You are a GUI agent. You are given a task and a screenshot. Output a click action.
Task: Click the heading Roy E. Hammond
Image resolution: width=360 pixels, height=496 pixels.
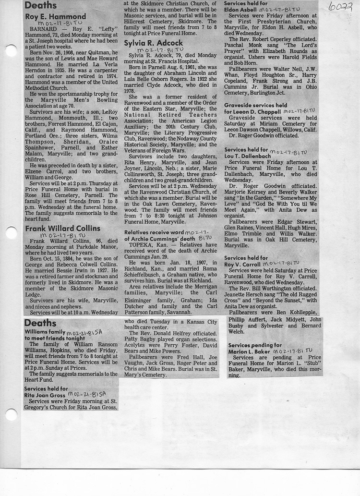point(52,16)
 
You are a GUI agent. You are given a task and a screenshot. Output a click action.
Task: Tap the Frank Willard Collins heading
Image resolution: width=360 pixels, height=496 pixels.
point(62,228)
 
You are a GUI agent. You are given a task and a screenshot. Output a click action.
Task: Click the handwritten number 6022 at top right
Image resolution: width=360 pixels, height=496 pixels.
point(341,7)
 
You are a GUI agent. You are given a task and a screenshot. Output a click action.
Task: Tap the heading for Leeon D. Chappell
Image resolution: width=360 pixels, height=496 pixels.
point(254,111)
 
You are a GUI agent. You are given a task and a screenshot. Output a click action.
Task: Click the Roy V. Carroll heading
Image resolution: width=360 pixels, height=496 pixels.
point(246,261)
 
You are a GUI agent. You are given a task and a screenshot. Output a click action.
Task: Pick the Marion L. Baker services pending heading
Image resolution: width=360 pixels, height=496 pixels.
point(255,348)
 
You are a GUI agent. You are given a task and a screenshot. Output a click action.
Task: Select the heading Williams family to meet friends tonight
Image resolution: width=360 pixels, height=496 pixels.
point(51,335)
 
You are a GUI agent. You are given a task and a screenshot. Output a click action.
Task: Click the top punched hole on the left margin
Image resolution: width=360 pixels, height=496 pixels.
point(11,50)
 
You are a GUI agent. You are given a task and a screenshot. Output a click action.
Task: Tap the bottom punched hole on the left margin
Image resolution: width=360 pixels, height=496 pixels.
point(11,414)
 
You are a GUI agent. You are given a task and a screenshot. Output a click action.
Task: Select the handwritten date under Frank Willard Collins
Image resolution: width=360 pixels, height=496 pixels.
point(57,235)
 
